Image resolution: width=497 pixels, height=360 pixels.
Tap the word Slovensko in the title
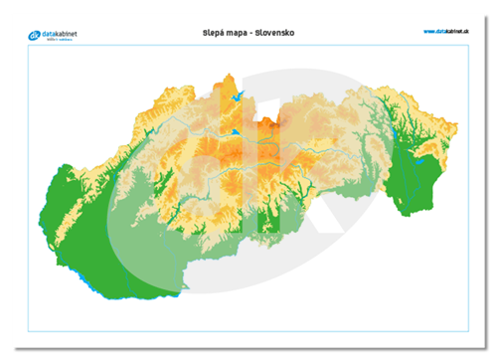pyautogui.click(x=275, y=33)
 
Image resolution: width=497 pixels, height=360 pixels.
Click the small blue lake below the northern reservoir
pyautogui.click(x=236, y=131)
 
